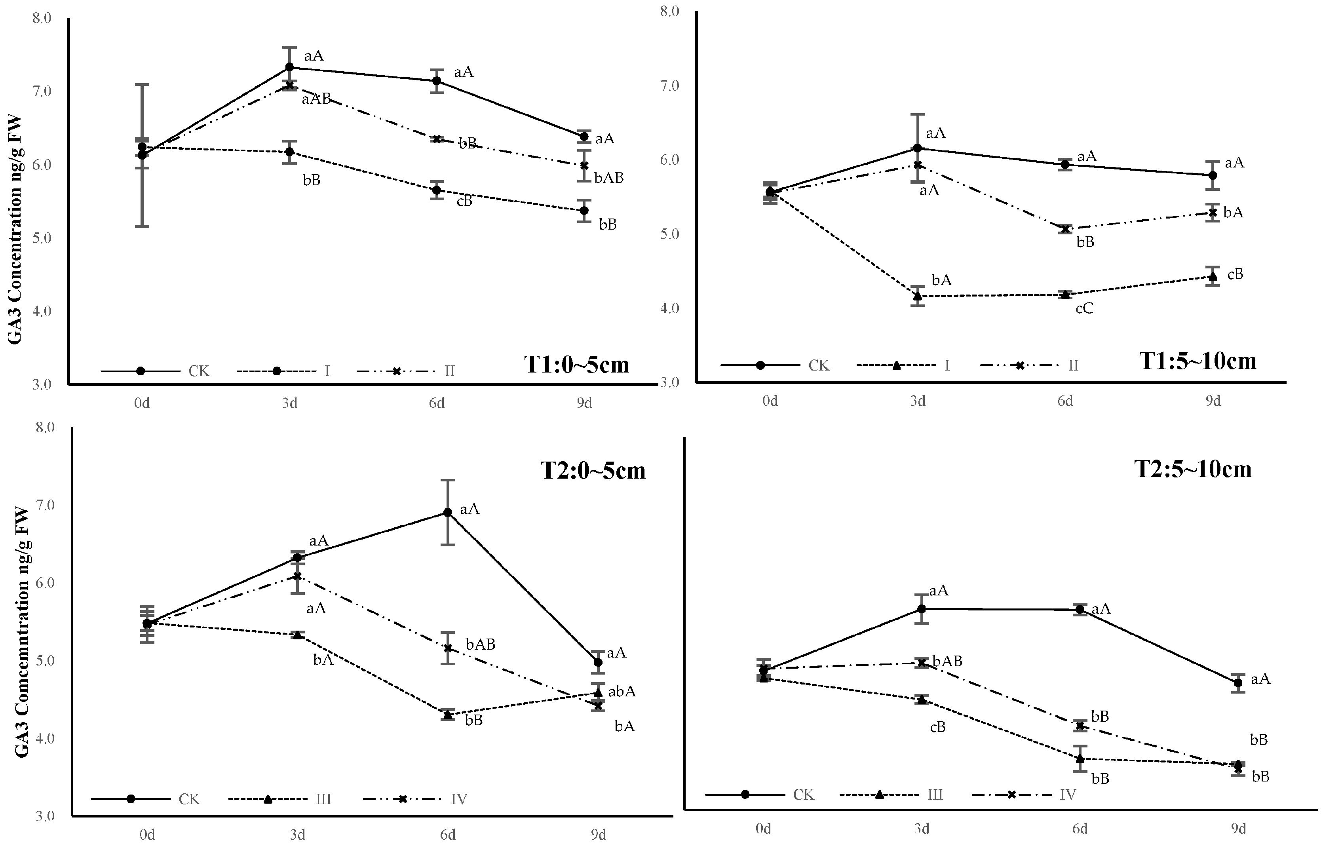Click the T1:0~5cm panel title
576,364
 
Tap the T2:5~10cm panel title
1193,469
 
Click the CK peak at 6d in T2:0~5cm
448,513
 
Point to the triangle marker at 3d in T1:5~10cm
917,296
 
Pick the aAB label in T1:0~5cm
316,99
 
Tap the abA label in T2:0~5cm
622,692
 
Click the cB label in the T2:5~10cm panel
937,727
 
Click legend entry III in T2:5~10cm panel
935,795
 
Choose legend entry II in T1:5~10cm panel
1073,365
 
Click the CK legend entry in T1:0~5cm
199,371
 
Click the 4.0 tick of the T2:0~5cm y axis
46,738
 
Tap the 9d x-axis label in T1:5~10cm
1213,401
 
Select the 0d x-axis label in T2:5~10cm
763,829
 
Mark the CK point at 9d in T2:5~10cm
1238,683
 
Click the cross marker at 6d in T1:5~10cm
1065,229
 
